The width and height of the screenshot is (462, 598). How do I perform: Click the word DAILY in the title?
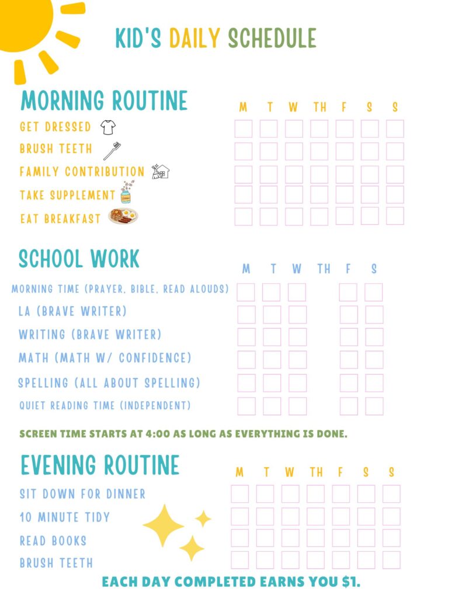194,39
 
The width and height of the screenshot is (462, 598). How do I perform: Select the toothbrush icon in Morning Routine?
112,150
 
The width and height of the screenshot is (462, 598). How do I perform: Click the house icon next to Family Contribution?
161,171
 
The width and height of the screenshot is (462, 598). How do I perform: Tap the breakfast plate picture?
123,217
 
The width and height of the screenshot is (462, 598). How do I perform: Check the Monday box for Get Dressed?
244,128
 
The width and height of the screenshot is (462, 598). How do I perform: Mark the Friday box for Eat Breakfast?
345,216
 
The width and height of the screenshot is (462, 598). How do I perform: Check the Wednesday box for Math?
297,360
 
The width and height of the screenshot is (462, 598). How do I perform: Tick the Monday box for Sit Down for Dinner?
239,494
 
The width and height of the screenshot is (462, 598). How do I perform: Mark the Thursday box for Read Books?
316,538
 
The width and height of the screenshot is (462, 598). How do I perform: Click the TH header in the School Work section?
324,269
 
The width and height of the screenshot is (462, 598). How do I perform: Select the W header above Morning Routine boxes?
293,107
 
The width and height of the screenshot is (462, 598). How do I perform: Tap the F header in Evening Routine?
341,472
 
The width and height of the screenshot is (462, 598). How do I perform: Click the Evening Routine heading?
100,465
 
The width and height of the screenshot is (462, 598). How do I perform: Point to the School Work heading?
79,259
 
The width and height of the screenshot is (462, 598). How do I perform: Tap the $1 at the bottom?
351,582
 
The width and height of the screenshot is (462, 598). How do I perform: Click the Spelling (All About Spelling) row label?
109,383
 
